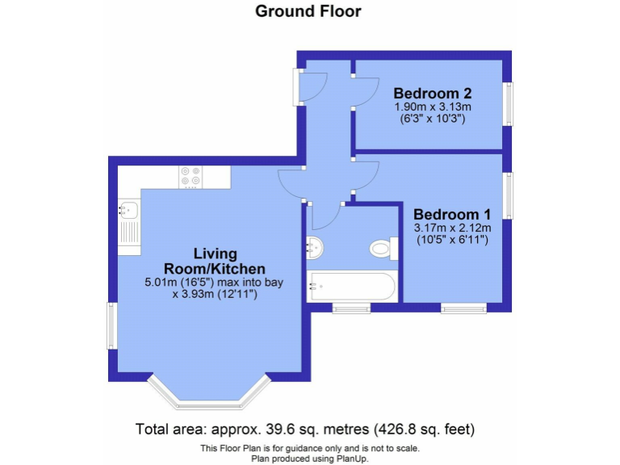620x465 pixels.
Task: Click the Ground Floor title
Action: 308,11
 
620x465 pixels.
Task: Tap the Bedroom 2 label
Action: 432,92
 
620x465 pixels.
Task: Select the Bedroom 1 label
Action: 452,215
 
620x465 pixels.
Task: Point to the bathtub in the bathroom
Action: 352,287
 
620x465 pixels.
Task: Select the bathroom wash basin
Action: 315,248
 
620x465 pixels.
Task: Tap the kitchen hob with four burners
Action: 191,176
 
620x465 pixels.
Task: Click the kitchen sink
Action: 128,212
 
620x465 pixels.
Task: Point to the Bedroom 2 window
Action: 508,103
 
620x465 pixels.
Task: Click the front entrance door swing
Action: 312,85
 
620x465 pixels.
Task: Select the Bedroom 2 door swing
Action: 365,90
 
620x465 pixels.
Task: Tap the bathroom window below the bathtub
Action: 351,307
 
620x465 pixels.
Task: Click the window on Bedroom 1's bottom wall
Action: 463,307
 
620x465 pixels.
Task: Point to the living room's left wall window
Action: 113,327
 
